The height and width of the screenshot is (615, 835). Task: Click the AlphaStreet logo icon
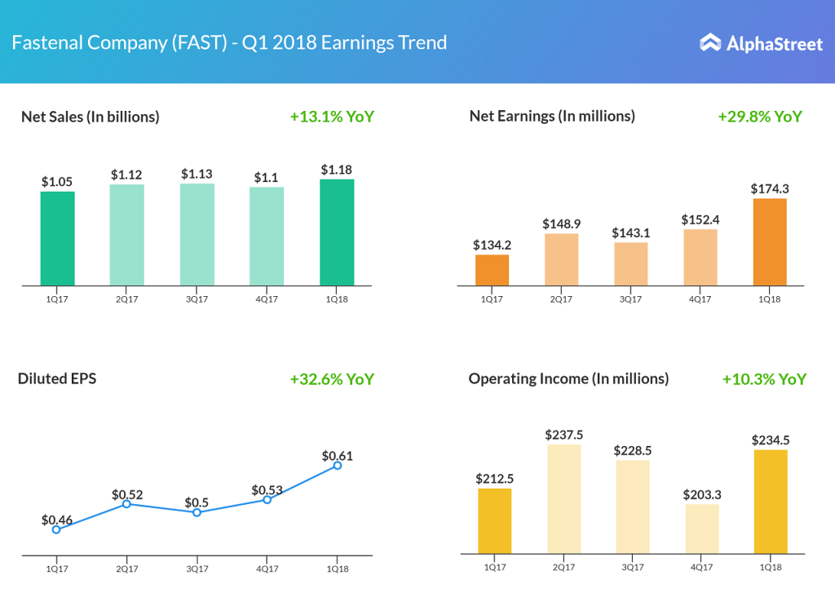tap(710, 42)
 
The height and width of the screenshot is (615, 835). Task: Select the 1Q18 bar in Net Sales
tap(337, 232)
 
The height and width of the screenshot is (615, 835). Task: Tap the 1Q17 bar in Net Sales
tap(57, 238)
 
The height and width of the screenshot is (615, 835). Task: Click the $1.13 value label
tap(197, 174)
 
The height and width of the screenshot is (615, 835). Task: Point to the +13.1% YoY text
tap(332, 117)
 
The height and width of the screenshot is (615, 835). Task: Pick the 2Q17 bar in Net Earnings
tap(561, 259)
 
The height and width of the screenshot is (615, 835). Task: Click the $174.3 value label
tap(770, 189)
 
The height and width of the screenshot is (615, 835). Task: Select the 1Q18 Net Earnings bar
tap(770, 241)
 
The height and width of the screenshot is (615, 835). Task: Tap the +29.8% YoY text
tap(760, 117)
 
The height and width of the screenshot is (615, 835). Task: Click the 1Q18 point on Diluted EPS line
tap(337, 466)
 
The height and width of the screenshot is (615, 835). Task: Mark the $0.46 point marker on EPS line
tap(56, 529)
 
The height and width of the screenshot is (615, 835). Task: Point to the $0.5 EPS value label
tap(197, 502)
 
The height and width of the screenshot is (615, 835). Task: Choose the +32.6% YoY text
tap(332, 379)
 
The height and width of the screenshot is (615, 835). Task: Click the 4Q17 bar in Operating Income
tap(701, 529)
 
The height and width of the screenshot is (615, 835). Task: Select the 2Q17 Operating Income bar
tap(564, 499)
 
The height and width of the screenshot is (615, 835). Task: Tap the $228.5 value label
tap(632, 451)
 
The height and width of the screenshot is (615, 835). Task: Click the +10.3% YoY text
tap(764, 379)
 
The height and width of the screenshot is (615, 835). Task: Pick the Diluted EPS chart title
tap(57, 378)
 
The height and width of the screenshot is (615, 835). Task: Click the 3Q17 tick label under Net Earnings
tap(630, 299)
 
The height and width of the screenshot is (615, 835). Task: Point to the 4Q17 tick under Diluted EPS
tap(267, 569)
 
